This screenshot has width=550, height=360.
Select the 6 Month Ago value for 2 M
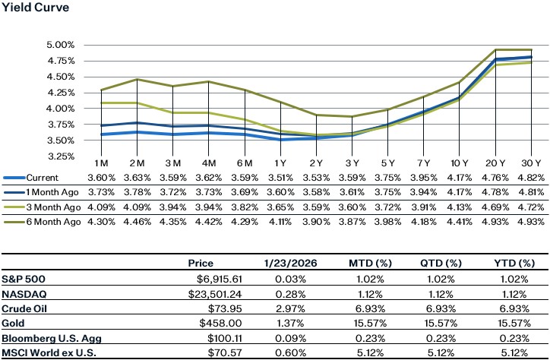(x=137, y=221)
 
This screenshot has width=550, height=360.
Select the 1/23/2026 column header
(x=279, y=264)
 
